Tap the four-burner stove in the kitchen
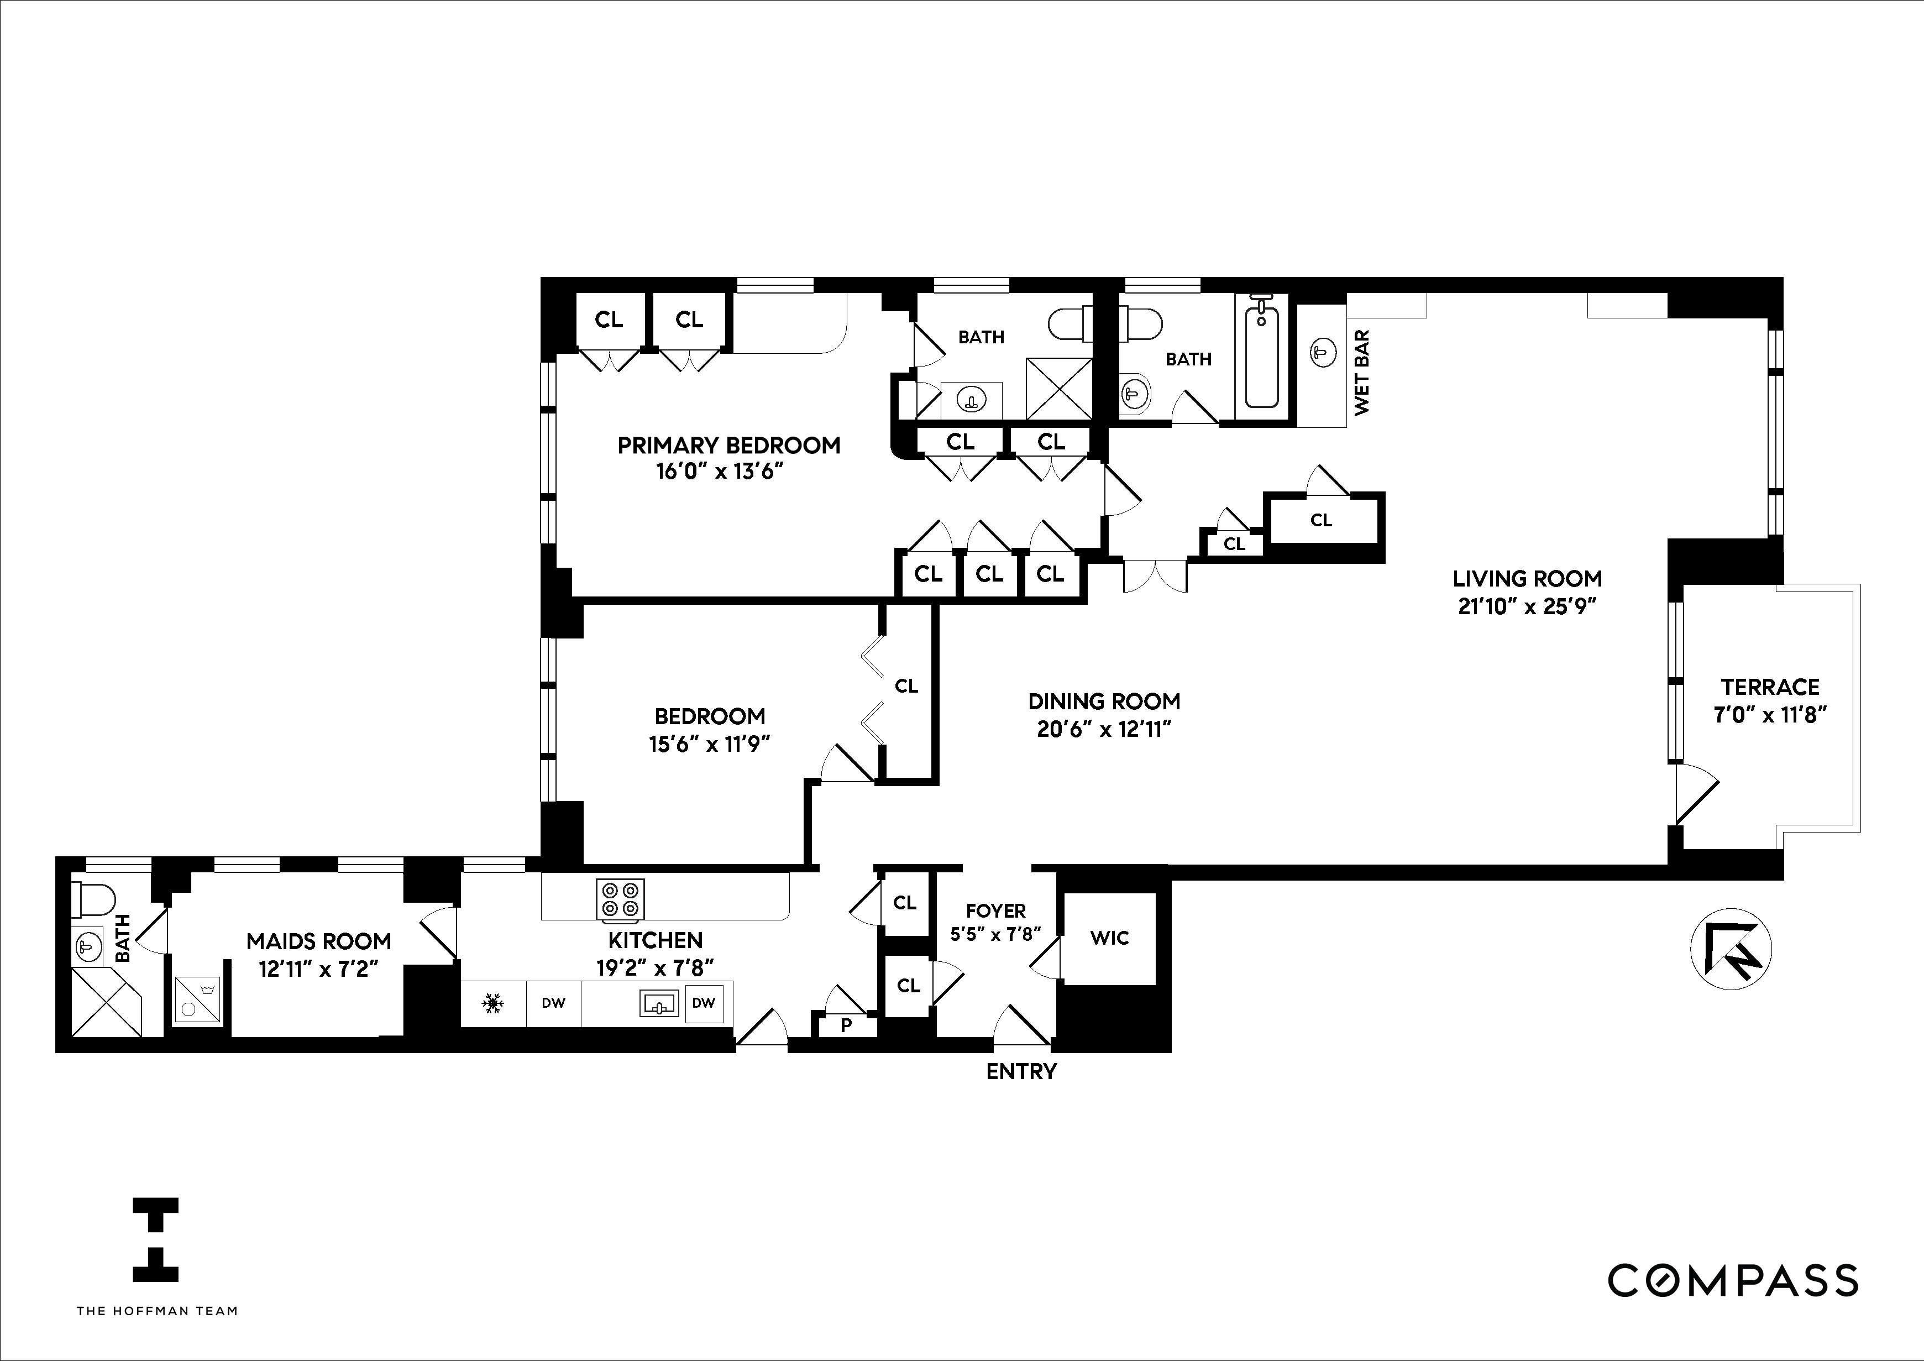(x=620, y=899)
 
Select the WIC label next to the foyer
(x=1109, y=938)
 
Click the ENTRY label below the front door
(x=1021, y=1071)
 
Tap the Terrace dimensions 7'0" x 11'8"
(x=1770, y=714)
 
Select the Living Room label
(x=1527, y=578)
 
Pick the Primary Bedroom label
(x=728, y=445)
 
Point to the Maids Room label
(x=318, y=941)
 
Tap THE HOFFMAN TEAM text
(x=157, y=1311)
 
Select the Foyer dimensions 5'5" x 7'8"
(x=995, y=934)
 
